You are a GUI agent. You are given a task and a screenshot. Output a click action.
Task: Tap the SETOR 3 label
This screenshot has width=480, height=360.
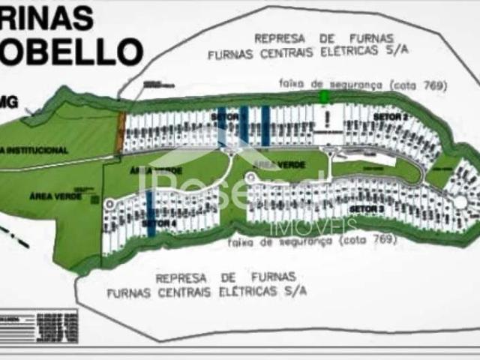pos(367,208)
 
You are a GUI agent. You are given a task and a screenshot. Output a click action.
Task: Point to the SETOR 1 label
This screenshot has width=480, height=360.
pos(225,118)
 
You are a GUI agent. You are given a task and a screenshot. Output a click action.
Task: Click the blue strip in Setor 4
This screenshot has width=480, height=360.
pos(151,214)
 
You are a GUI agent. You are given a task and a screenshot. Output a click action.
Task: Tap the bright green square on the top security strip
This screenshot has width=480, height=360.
pos(324,97)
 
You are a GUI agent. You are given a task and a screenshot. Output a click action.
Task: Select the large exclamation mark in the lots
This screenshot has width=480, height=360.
pos(327,118)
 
